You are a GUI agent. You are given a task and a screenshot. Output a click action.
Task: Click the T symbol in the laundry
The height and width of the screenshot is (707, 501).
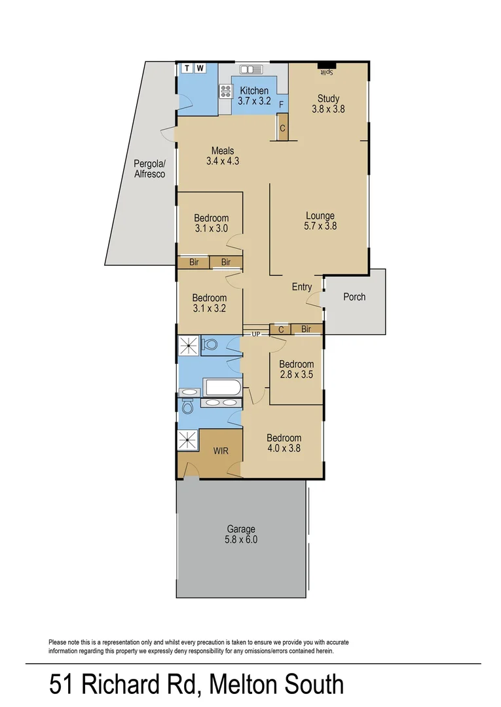click(x=187, y=68)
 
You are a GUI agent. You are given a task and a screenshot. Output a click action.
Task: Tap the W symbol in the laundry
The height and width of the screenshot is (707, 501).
click(x=200, y=68)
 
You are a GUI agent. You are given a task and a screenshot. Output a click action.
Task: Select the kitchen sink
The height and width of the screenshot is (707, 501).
click(x=251, y=69)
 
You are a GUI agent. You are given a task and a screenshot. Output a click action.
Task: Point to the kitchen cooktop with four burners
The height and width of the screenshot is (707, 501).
click(x=226, y=91)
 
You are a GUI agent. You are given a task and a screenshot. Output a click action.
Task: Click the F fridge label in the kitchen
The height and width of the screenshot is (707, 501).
click(x=281, y=105)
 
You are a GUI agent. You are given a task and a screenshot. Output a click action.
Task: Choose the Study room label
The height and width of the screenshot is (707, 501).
click(x=328, y=100)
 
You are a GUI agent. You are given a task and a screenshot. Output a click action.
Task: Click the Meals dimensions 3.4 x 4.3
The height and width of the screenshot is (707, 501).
click(x=222, y=161)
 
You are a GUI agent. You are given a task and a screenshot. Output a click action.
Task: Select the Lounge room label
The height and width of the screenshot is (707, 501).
click(x=320, y=215)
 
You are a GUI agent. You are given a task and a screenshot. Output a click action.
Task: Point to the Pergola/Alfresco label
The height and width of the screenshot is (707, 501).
click(x=149, y=169)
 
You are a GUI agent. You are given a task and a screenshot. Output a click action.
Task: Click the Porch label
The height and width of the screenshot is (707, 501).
click(x=354, y=297)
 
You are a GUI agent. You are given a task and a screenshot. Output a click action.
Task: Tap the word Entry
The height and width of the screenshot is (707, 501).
click(x=302, y=287)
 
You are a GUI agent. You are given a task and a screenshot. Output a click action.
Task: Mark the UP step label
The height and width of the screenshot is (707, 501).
click(x=256, y=335)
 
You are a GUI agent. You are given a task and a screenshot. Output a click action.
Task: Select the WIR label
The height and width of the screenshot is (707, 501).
click(x=220, y=451)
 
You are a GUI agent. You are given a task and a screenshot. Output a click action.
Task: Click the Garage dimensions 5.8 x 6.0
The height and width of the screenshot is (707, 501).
click(x=241, y=540)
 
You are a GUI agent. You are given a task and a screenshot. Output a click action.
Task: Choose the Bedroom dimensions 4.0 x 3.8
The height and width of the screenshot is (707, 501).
click(x=284, y=449)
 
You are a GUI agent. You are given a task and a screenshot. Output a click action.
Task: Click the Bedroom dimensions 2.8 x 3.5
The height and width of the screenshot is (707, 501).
click(x=296, y=375)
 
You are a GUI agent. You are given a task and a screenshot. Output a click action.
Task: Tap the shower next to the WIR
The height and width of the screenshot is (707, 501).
click(x=188, y=440)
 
